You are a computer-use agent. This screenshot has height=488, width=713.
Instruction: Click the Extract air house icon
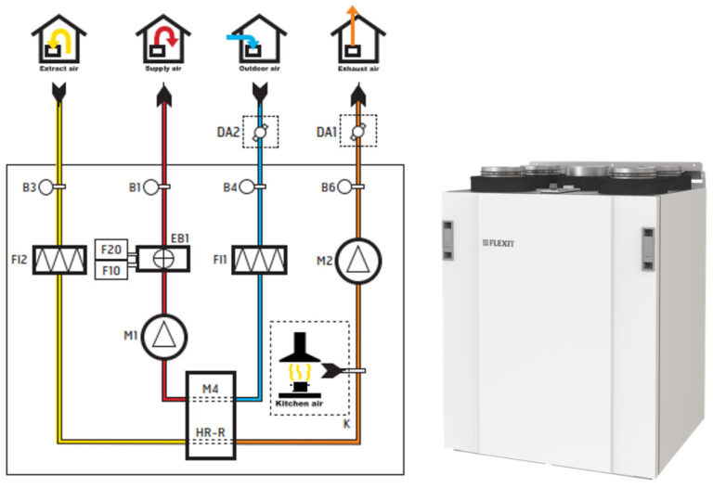(58, 40)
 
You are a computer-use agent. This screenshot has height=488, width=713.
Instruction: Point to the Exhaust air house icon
(357, 40)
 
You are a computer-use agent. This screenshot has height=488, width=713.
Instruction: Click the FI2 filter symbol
(60, 260)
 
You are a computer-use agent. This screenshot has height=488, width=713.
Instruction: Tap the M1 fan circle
(164, 334)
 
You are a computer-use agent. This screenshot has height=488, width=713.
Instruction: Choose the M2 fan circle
(357, 260)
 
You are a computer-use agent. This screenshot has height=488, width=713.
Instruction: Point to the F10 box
(110, 270)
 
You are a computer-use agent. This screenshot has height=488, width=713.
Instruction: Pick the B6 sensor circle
(344, 187)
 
